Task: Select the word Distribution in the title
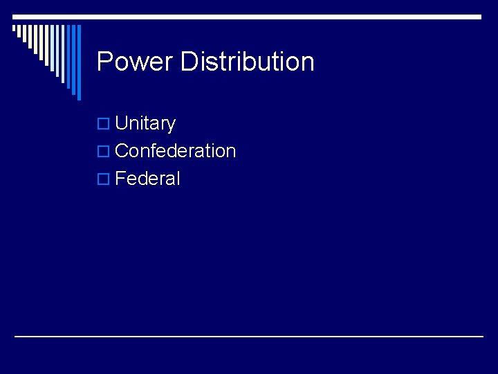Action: tap(247, 62)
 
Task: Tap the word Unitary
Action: tap(145, 123)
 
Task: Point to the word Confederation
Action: tap(176, 151)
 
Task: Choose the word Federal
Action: tap(147, 179)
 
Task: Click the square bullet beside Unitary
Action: tap(103, 124)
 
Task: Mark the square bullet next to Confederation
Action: tap(103, 152)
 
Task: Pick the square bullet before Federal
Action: tap(103, 179)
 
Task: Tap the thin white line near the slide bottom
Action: tap(249, 337)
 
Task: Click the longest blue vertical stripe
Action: tap(78, 62)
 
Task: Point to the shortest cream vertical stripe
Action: tap(15, 29)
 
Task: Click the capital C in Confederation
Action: tap(122, 151)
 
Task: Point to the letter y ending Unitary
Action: tap(171, 125)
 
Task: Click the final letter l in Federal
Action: tap(178, 179)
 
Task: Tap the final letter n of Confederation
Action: tap(231, 152)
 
